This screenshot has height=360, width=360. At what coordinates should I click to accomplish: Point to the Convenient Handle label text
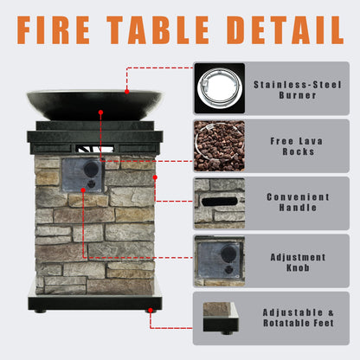click(292, 202)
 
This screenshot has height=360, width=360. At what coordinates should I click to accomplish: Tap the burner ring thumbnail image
click(219, 88)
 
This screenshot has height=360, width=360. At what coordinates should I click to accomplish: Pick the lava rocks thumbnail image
click(219, 145)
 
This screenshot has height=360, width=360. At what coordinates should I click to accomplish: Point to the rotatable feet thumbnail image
click(219, 318)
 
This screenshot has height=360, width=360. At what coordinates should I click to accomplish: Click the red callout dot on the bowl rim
click(126, 90)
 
